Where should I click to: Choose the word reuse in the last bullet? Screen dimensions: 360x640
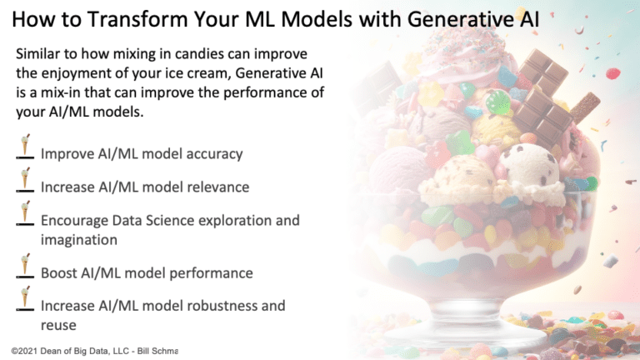pos(58,326)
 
